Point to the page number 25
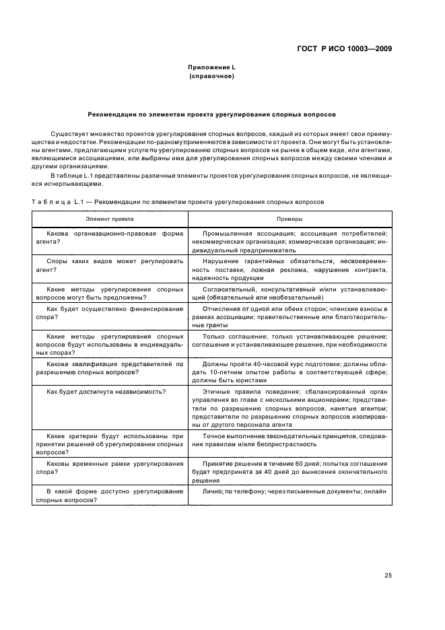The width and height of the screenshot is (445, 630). pyautogui.click(x=388, y=575)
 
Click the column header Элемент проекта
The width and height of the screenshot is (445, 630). pyautogui.click(x=109, y=219)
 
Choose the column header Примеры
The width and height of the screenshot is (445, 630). pyautogui.click(x=289, y=219)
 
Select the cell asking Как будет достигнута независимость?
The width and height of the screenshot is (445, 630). pyautogui.click(x=106, y=391)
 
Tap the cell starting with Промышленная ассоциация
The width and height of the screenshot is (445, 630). pyautogui.click(x=289, y=241)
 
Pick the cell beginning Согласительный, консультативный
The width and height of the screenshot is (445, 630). pyautogui.click(x=289, y=293)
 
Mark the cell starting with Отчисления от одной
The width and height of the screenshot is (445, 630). pyautogui.click(x=289, y=316)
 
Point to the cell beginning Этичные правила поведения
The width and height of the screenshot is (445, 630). pyautogui.click(x=289, y=408)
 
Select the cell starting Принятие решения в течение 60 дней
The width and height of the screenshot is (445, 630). pyautogui.click(x=289, y=473)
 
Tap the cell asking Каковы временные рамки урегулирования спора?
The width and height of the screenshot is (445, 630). pyautogui.click(x=108, y=468)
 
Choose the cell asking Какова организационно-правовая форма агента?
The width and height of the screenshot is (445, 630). pyautogui.click(x=108, y=238)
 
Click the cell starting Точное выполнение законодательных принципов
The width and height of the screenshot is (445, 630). pyautogui.click(x=289, y=440)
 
